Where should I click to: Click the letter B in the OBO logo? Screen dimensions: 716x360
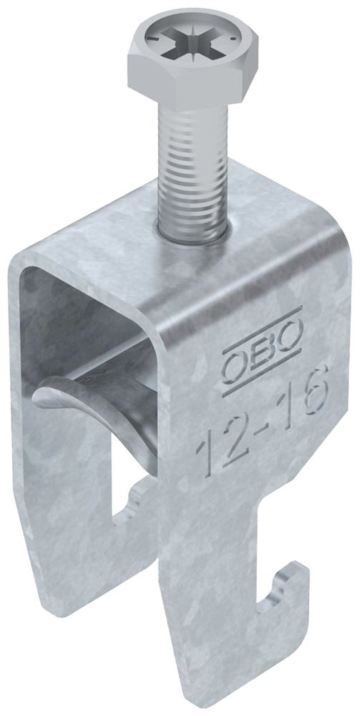point(261,342)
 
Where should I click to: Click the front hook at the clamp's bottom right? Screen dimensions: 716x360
point(286,598)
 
